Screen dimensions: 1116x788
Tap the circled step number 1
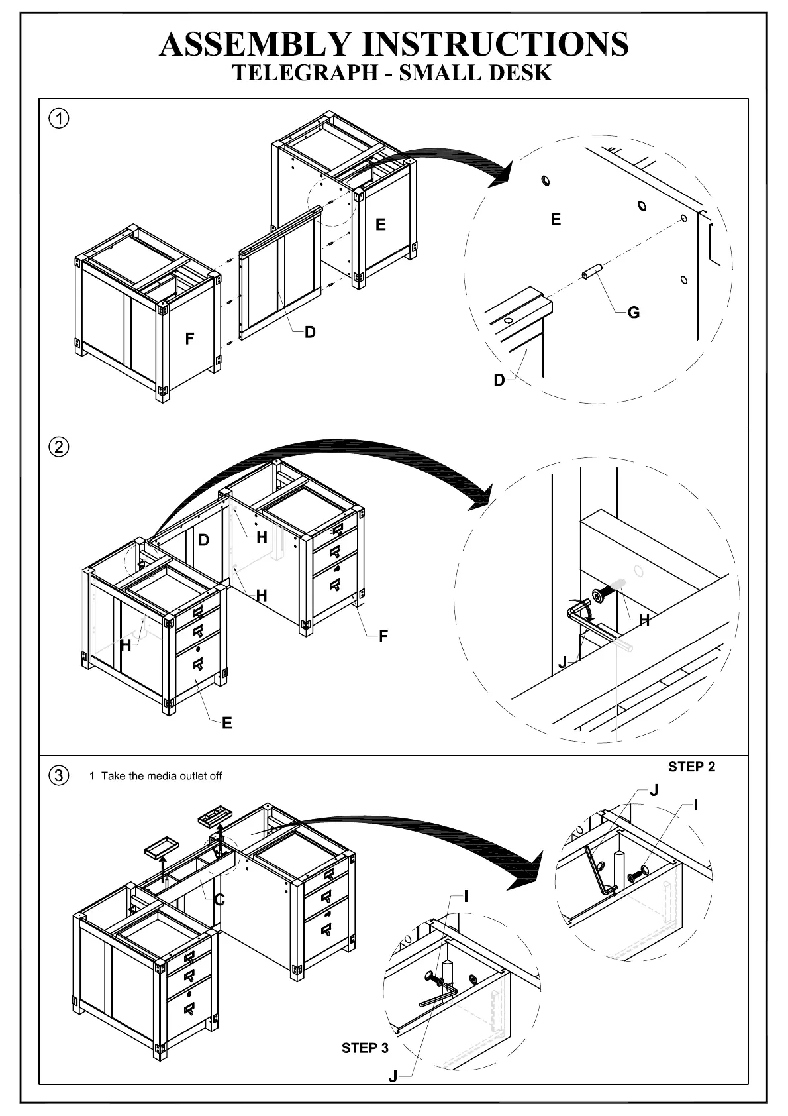pyautogui.click(x=59, y=119)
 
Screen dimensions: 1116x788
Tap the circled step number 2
pyautogui.click(x=59, y=447)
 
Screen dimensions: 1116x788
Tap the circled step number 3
pyautogui.click(x=59, y=775)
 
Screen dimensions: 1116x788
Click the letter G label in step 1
pyautogui.click(x=634, y=313)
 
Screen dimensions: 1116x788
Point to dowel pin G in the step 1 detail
pyautogui.click(x=591, y=272)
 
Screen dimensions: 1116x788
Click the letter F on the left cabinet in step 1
pyautogui.click(x=189, y=339)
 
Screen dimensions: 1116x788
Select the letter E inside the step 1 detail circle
pyautogui.click(x=556, y=219)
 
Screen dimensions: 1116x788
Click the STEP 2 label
pyautogui.click(x=691, y=767)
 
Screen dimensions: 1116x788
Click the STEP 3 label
pyautogui.click(x=365, y=1048)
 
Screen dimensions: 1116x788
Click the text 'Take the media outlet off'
pyautogui.click(x=162, y=776)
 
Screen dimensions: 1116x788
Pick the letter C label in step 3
pyautogui.click(x=220, y=900)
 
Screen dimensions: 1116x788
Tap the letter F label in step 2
pyautogui.click(x=383, y=636)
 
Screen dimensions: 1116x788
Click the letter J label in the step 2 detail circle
pyautogui.click(x=562, y=662)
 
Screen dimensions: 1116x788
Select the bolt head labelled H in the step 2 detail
pyautogui.click(x=599, y=596)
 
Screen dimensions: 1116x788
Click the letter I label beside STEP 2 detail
pyautogui.click(x=696, y=806)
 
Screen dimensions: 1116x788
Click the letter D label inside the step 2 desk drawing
pyautogui.click(x=204, y=540)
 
